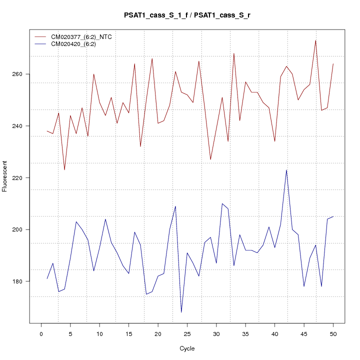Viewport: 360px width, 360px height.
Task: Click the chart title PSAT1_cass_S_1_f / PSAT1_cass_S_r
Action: click(x=187, y=15)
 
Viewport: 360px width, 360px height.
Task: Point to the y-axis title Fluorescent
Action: click(x=5, y=176)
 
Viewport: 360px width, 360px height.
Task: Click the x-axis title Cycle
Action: click(x=187, y=348)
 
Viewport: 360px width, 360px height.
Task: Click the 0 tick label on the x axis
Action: click(x=41, y=334)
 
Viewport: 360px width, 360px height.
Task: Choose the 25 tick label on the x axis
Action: click(x=187, y=334)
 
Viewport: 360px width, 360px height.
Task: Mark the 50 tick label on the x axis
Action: click(x=333, y=334)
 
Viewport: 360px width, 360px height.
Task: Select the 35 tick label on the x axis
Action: click(x=245, y=334)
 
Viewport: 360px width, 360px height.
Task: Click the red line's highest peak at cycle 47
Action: click(x=315, y=40)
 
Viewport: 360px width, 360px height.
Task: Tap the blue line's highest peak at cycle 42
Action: click(x=286, y=170)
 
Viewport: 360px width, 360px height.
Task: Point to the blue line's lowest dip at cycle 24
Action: click(x=181, y=312)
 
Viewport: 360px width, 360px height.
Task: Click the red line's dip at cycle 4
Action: click(x=64, y=170)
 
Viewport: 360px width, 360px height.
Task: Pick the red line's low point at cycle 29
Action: click(x=210, y=159)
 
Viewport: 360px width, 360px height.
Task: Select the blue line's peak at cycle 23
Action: click(x=175, y=206)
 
